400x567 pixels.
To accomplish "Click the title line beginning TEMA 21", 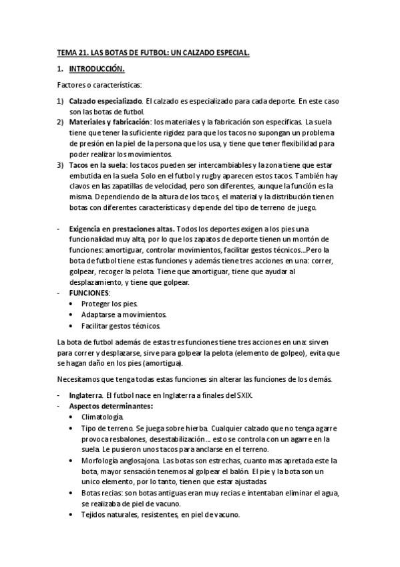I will tap(153, 52).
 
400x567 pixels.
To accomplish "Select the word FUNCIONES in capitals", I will tap(90, 293).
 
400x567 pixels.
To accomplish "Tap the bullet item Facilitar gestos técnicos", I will tap(122, 326).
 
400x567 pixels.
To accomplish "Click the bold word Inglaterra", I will tap(89, 395).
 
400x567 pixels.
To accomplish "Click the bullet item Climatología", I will tap(107, 417).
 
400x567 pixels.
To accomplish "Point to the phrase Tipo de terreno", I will tap(108, 428).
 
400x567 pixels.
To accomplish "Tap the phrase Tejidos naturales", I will tap(111, 515).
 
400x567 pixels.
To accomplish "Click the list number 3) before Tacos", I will tap(60, 164).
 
